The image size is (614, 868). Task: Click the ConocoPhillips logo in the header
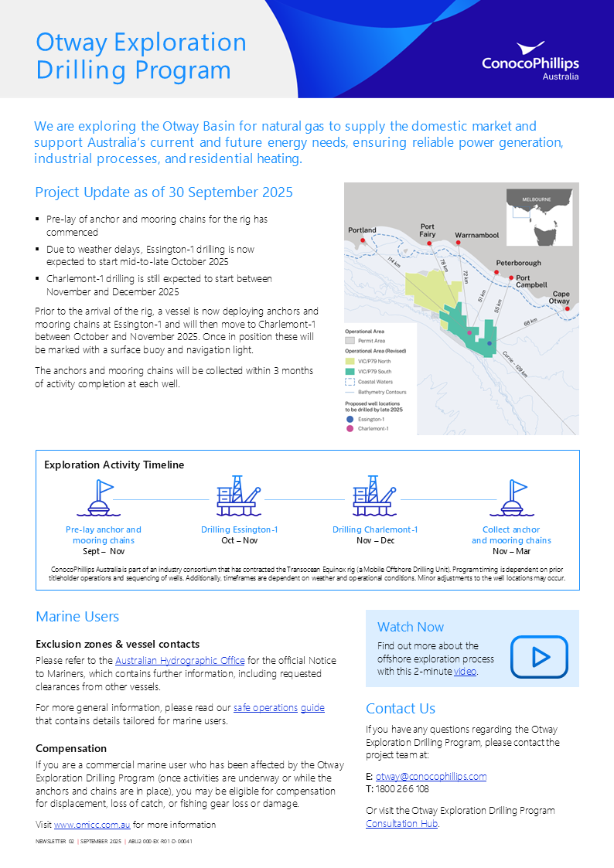(x=530, y=61)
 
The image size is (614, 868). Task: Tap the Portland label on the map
(x=362, y=230)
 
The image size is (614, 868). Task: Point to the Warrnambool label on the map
(x=476, y=234)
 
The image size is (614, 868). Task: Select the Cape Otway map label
(x=561, y=297)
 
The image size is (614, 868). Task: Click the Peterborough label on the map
(x=518, y=263)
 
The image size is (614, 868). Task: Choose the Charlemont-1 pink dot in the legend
(x=349, y=427)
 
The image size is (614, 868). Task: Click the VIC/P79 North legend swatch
(x=350, y=361)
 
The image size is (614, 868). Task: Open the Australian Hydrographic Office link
(x=179, y=661)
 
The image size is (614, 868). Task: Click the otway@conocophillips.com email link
(x=431, y=776)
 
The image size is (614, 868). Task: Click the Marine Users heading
(x=77, y=617)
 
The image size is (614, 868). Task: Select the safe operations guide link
(x=278, y=707)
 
